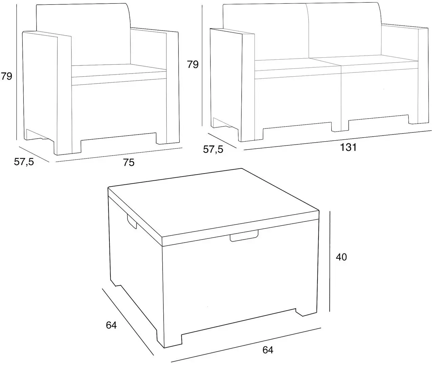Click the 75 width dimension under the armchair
(129, 163)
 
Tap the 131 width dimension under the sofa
(349, 148)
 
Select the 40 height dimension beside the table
(341, 257)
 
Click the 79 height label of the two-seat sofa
(193, 64)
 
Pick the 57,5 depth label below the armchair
(24, 162)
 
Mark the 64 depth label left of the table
(111, 325)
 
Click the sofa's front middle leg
(340, 125)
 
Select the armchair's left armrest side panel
(41, 88)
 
